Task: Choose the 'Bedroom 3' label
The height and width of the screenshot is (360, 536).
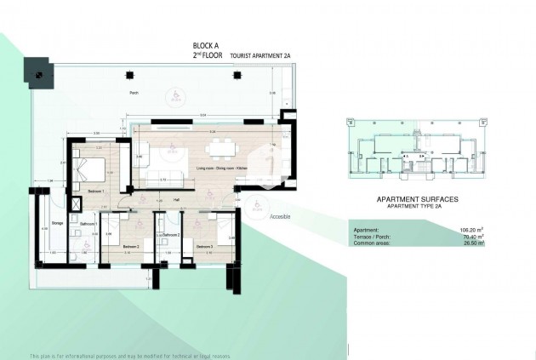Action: [204, 247]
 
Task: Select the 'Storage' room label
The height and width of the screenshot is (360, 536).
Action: [57, 224]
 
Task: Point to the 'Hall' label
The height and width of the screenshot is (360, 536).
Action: [175, 199]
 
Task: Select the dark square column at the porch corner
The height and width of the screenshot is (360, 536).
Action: [39, 71]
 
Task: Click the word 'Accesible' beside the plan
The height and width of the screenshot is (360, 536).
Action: [281, 216]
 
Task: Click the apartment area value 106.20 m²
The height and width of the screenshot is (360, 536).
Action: [470, 229]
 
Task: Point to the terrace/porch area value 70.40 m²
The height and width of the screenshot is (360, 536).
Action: [470, 236]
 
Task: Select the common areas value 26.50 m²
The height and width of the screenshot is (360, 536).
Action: [470, 243]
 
